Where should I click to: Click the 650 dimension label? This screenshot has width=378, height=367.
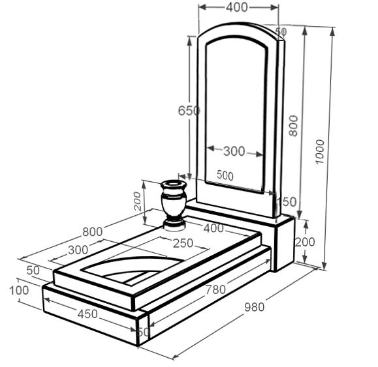189,111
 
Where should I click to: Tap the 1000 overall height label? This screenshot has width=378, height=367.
321,152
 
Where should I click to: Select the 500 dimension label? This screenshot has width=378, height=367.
225,175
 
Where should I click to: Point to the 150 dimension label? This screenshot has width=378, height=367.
286,201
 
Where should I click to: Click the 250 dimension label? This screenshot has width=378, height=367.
183,243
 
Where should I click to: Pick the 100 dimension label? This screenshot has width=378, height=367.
19,291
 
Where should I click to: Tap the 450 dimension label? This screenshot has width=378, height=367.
87,314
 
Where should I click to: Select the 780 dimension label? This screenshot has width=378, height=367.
215,289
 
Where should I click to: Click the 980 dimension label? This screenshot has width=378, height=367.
255,307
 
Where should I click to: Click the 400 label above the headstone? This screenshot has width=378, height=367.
237,7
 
